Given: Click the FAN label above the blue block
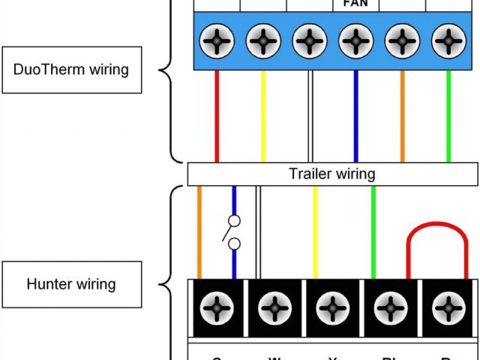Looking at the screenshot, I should click(x=355, y=4).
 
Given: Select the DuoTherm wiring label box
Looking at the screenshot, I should click(x=71, y=70).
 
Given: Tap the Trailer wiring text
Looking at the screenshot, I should click(x=332, y=174).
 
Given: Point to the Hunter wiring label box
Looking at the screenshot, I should click(x=71, y=284).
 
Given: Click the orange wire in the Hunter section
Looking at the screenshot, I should click(x=199, y=232).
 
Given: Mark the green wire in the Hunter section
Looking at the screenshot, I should click(x=373, y=232).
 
